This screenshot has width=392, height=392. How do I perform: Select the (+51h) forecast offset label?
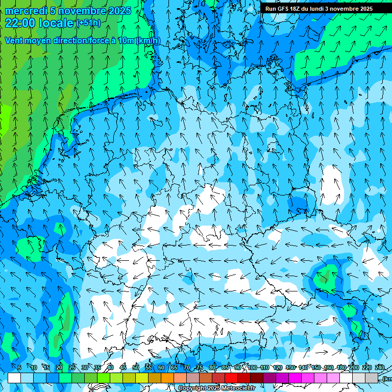point(88,23)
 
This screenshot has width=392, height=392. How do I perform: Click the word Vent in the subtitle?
point(14,40)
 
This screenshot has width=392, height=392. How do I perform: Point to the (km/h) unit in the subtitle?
point(148,40)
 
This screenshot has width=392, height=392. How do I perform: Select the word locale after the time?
point(57,23)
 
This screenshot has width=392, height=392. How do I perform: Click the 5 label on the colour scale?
point(19,367)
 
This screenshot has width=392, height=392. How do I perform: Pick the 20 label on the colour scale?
point(59,367)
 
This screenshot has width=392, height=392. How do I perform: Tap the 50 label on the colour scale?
point(136,367)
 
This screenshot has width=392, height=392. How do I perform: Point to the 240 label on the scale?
point(380,367)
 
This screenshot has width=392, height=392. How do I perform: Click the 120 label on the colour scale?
point(278,367)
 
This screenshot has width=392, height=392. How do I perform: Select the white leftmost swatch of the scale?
point(14,378)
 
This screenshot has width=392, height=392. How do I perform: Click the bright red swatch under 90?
point(231,378)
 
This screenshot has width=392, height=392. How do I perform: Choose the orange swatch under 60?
point(155,378)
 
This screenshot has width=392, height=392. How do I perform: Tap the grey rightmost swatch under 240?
point(372,378)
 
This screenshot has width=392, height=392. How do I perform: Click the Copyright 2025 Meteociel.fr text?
point(216,388)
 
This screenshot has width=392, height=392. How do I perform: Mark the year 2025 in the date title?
point(119,11)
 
